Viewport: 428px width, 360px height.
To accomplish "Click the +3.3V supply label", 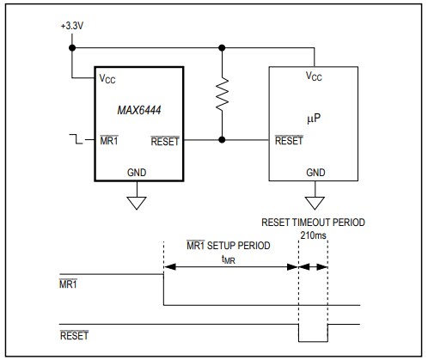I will (x=71, y=26).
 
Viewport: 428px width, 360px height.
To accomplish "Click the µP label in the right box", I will (x=314, y=115).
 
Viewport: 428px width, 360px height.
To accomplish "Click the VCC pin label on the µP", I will (x=315, y=76).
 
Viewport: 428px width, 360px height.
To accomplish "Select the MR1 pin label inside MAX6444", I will (x=108, y=141).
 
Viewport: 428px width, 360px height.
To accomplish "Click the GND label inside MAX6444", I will (x=136, y=172).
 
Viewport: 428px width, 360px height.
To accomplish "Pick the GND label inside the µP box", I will (x=315, y=172).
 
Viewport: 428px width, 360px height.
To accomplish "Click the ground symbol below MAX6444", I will (x=136, y=204).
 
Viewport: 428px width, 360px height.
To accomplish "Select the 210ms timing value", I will (x=314, y=234).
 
